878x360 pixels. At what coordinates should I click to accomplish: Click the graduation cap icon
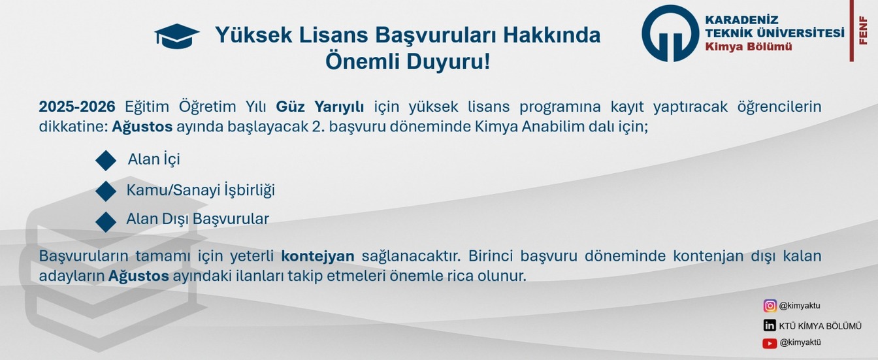pos(177,36)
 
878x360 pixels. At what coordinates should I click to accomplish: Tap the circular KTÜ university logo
pos(670,33)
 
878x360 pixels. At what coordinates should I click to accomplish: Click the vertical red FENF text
pos(863,30)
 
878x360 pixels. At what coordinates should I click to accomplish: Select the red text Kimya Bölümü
pos(749,46)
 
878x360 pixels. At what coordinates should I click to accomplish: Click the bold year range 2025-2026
pos(77,106)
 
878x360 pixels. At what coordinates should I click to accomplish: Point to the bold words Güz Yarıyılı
pos(320,106)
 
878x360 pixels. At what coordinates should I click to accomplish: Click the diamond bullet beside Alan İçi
pos(106,160)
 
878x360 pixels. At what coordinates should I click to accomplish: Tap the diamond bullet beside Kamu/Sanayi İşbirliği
pos(106,191)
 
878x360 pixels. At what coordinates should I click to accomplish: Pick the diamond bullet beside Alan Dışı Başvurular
pos(106,221)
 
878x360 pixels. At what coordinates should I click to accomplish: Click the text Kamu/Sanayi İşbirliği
pos(201,190)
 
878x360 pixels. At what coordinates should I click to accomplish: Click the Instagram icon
pos(770,306)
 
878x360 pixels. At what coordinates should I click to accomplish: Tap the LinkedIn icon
pos(770,325)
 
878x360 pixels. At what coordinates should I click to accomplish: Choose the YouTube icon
pos(770,344)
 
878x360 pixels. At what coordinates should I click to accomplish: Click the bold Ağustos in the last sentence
pos(138,276)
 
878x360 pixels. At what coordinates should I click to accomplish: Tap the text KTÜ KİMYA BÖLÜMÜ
pos(821,326)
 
